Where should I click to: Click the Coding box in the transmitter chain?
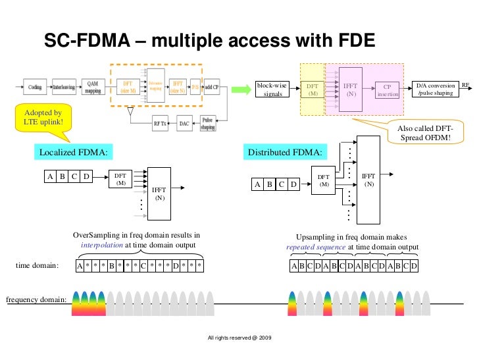click(x=34, y=87)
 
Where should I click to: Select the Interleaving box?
click(x=63, y=87)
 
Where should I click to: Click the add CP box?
click(x=211, y=87)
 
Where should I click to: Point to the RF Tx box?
click(x=161, y=123)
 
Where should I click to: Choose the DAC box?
click(x=184, y=123)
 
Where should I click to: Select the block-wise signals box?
click(x=272, y=90)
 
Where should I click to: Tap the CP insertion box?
click(x=388, y=90)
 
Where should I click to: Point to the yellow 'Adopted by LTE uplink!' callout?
click(x=43, y=118)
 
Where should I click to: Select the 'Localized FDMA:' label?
click(x=72, y=153)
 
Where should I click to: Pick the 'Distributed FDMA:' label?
click(x=285, y=153)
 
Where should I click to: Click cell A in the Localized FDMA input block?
click(x=49, y=176)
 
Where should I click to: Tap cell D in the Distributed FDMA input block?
click(x=293, y=185)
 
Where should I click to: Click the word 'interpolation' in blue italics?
click(x=101, y=245)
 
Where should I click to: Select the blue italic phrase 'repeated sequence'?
click(x=316, y=247)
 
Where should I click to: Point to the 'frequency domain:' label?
click(x=36, y=300)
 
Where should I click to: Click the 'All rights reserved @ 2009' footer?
click(x=239, y=338)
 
